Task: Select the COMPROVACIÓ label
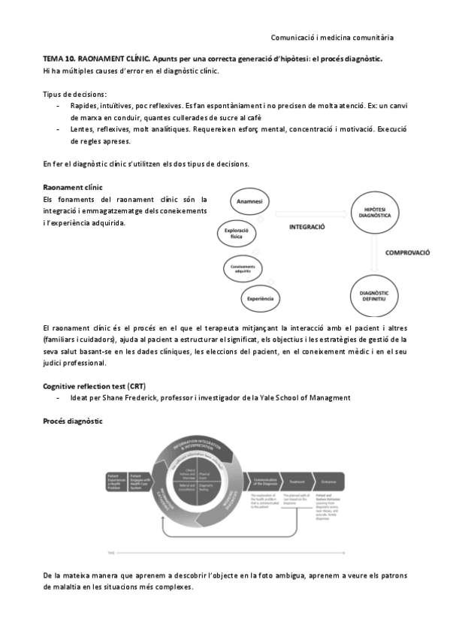pyautogui.click(x=407, y=253)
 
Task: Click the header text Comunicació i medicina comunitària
pyautogui.click(x=332, y=37)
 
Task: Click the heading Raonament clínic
pyautogui.click(x=72, y=187)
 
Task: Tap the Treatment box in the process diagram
pyautogui.click(x=296, y=481)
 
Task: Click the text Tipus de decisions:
pyautogui.click(x=74, y=94)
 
